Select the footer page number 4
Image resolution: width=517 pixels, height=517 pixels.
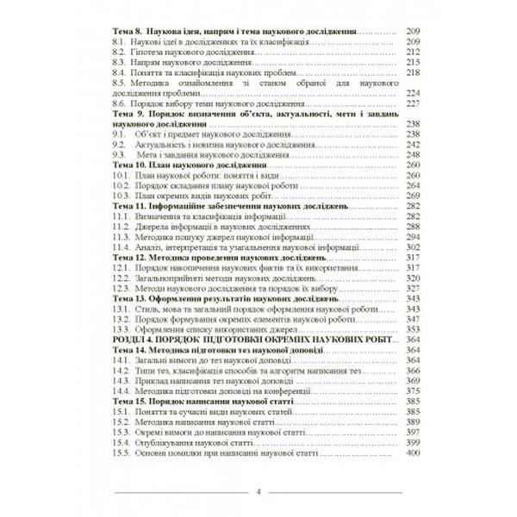coord(258,492)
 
